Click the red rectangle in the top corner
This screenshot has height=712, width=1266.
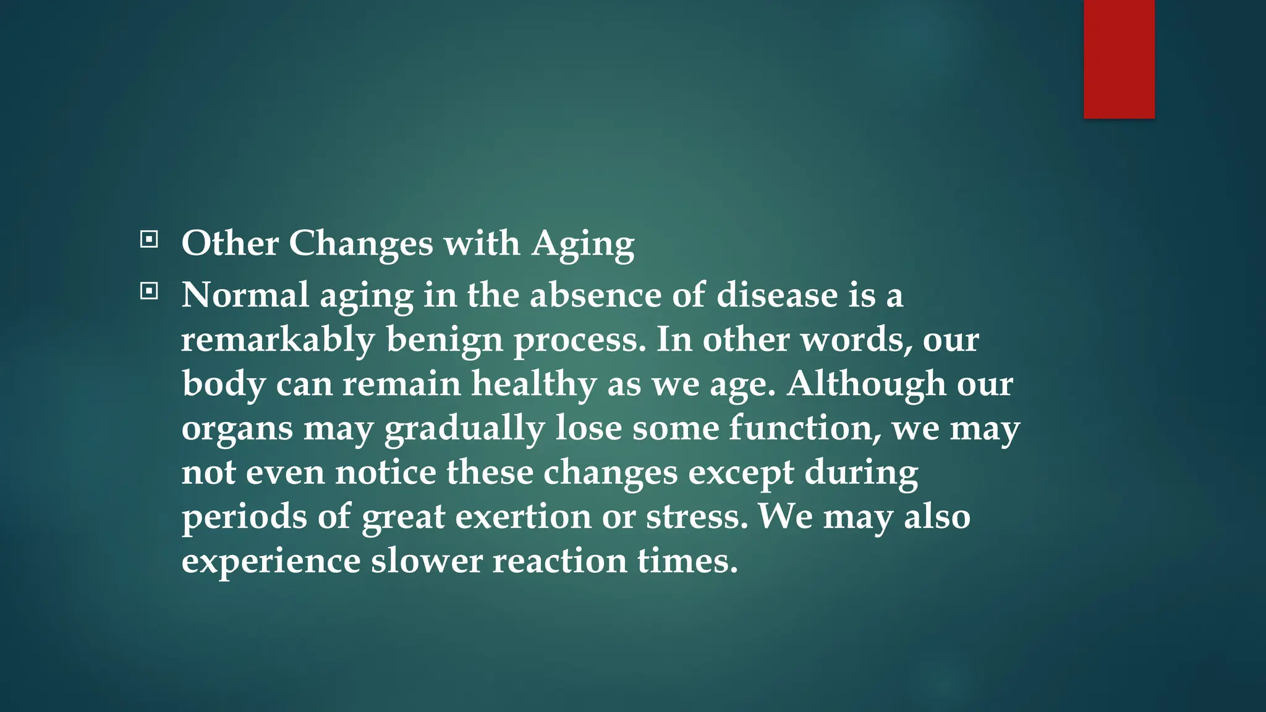click(x=1119, y=59)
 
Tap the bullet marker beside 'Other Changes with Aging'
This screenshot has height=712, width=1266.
click(x=149, y=239)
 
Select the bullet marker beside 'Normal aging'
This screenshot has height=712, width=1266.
click(x=149, y=291)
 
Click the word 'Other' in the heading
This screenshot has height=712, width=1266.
click(x=230, y=243)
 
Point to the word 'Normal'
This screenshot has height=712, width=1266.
click(x=245, y=295)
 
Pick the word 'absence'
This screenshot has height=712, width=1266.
click(x=595, y=295)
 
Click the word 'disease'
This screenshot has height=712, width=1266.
click(x=777, y=295)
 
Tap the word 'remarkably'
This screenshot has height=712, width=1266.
click(x=278, y=340)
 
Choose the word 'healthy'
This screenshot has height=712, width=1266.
click(x=534, y=384)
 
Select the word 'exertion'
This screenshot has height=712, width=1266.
click(x=524, y=517)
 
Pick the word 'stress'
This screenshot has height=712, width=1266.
click(x=697, y=517)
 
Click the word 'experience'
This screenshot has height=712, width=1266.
click(x=271, y=562)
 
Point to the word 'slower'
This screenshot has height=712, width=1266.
click(x=427, y=561)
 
